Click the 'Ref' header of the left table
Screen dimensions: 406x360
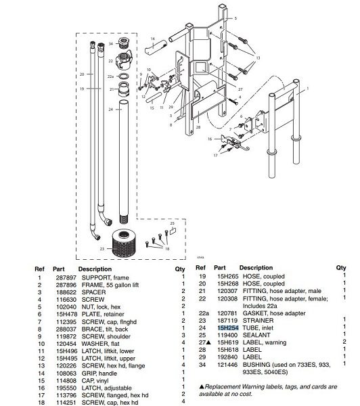pos(39,268)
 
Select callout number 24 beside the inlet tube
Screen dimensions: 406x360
pos(110,109)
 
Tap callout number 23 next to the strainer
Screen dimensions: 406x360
pos(103,248)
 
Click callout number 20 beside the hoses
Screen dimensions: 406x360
pos(81,72)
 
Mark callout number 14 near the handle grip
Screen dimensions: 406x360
pos(153,39)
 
